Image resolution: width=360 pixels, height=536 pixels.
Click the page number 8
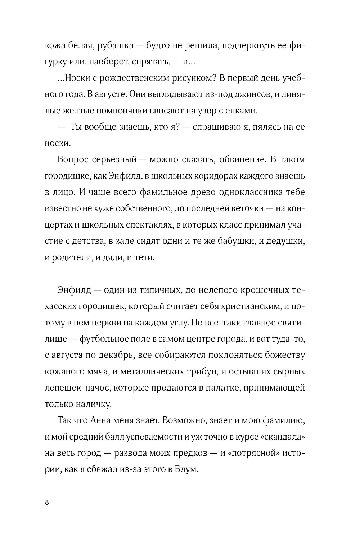click(47, 503)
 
